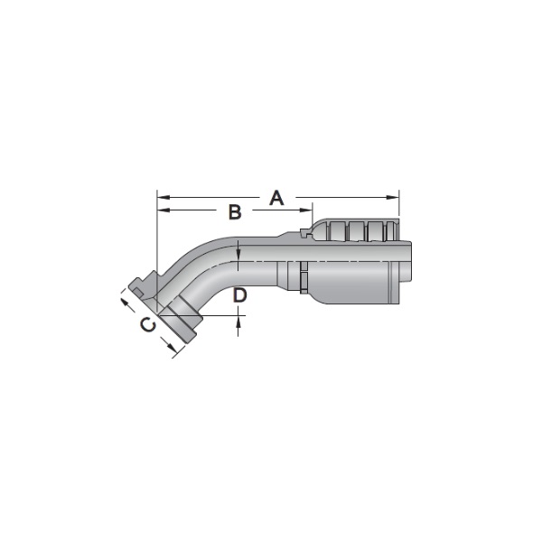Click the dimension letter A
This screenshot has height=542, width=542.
(x=277, y=197)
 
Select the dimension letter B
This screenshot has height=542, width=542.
(x=234, y=212)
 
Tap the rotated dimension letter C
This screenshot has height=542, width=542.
(x=148, y=325)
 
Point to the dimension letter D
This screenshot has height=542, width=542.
(x=239, y=295)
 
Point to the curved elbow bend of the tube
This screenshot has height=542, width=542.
(x=212, y=257)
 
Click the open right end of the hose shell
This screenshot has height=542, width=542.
(x=408, y=271)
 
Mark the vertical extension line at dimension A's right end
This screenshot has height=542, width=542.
(x=399, y=217)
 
